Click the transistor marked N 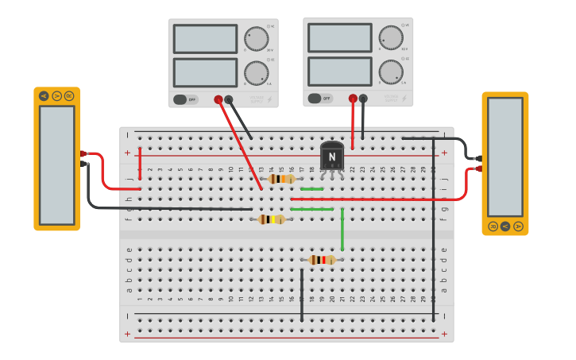[x=332, y=157]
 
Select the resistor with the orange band [x=282, y=179]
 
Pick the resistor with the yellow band [x=272, y=219]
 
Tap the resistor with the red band [x=322, y=260]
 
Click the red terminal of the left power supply [x=218, y=99]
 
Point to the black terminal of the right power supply [x=363, y=99]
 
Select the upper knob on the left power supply [x=256, y=38]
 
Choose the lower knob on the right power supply [x=391, y=72]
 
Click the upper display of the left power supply [x=205, y=39]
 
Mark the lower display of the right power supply [x=340, y=72]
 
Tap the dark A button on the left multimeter [x=44, y=96]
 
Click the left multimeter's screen [x=56, y=165]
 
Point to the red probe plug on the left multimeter [x=83, y=153]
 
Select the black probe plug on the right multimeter [x=478, y=158]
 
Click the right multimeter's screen [x=505, y=157]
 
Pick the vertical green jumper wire [x=342, y=230]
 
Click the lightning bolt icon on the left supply [x=269, y=99]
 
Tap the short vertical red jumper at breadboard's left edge [x=141, y=163]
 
